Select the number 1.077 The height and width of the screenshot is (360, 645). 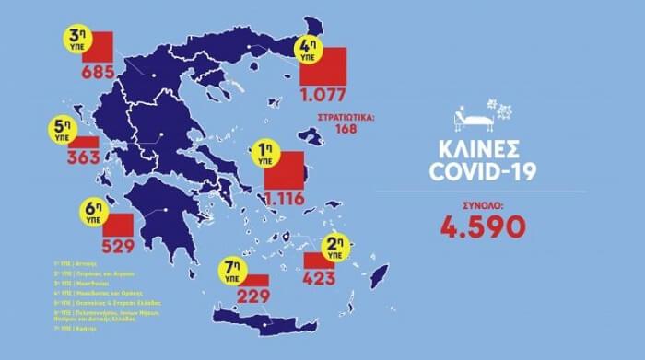pyautogui.click(x=322, y=95)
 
